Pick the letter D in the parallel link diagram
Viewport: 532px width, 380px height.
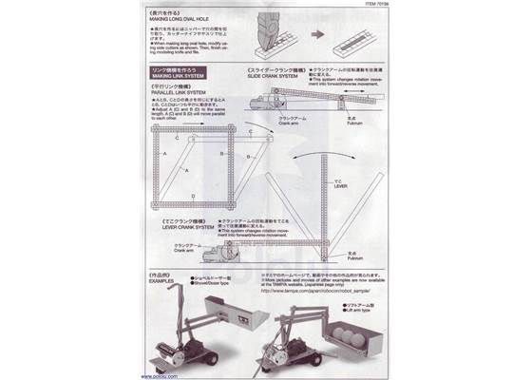point(192,195)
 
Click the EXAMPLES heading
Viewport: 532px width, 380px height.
point(161,282)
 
